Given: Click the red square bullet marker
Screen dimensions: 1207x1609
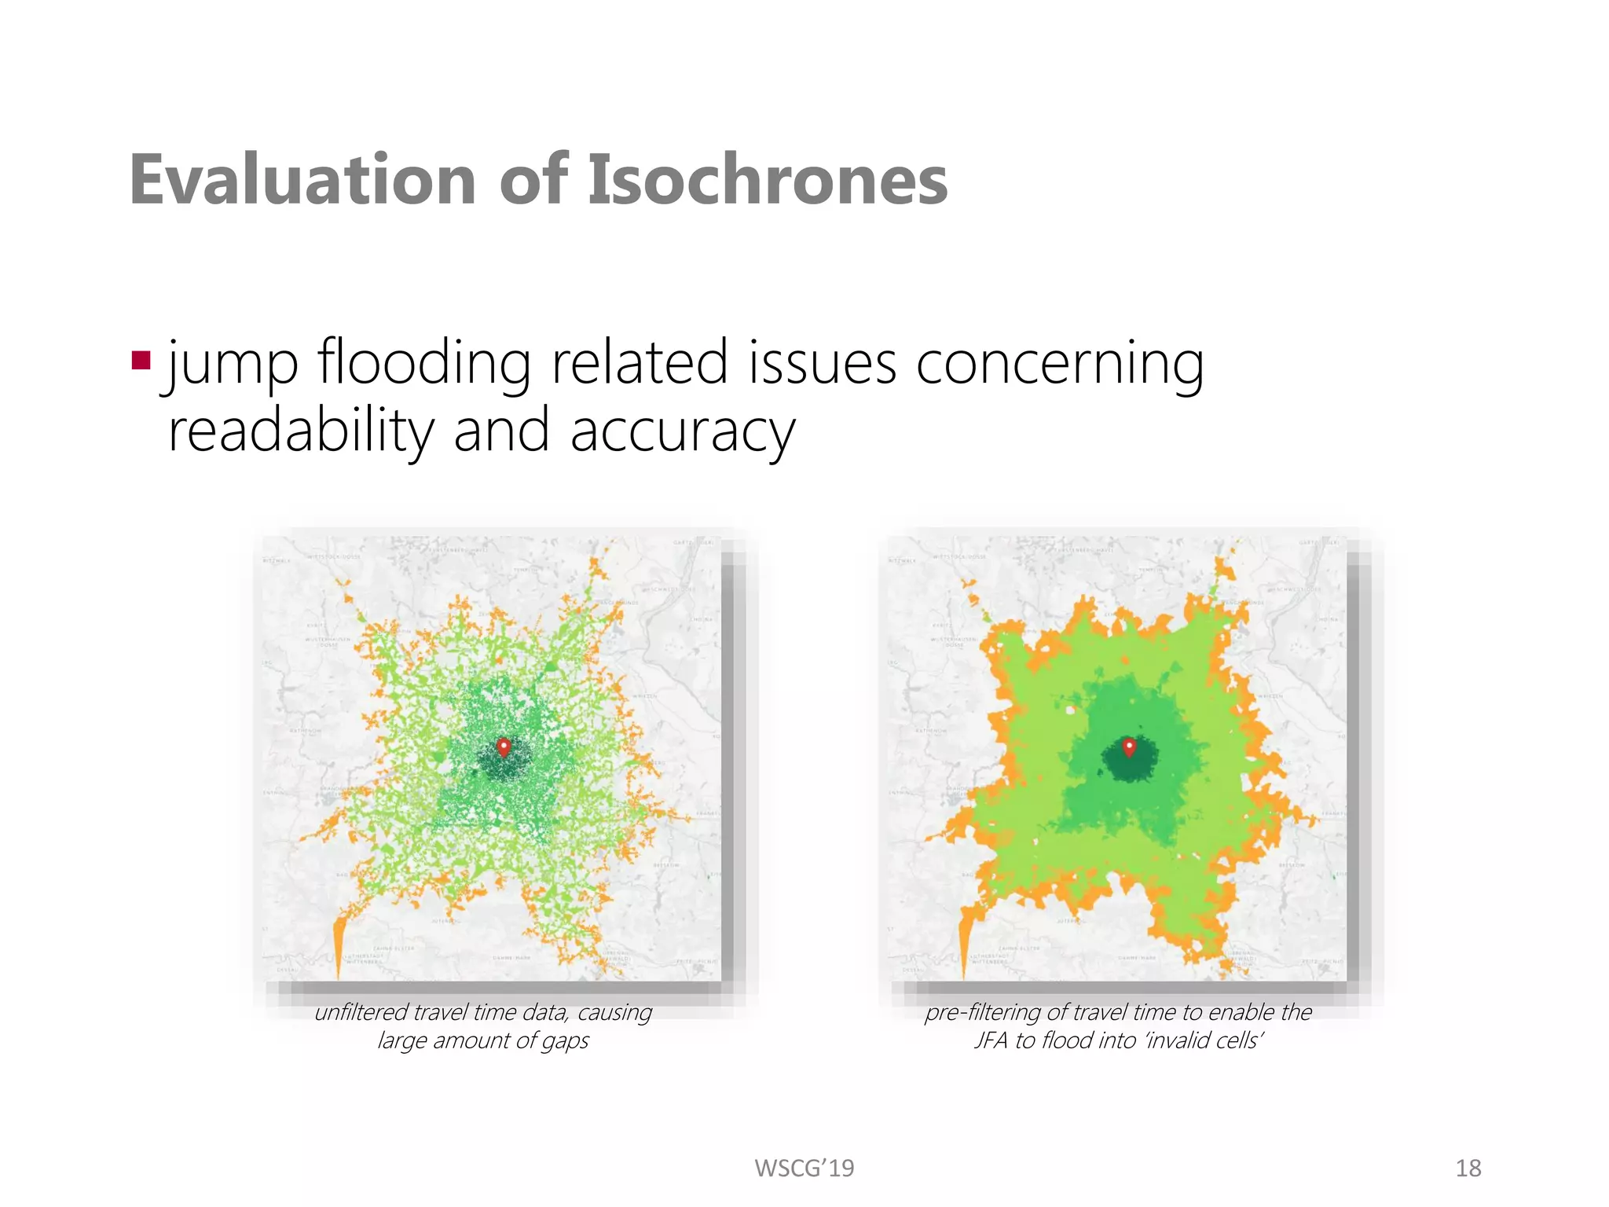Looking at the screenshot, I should click(x=141, y=361).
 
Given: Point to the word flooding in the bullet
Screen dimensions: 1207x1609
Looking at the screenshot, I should click(x=423, y=363).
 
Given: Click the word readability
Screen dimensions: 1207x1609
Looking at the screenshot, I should click(x=301, y=431).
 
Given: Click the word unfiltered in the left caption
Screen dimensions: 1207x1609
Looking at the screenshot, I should click(x=361, y=1012).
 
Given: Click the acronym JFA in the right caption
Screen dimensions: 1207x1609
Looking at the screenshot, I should click(x=991, y=1040).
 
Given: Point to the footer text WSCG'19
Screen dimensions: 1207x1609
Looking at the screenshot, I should click(x=804, y=1168).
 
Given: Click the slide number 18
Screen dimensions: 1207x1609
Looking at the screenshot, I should click(x=1468, y=1168).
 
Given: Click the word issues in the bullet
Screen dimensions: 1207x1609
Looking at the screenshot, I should click(x=822, y=363).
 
